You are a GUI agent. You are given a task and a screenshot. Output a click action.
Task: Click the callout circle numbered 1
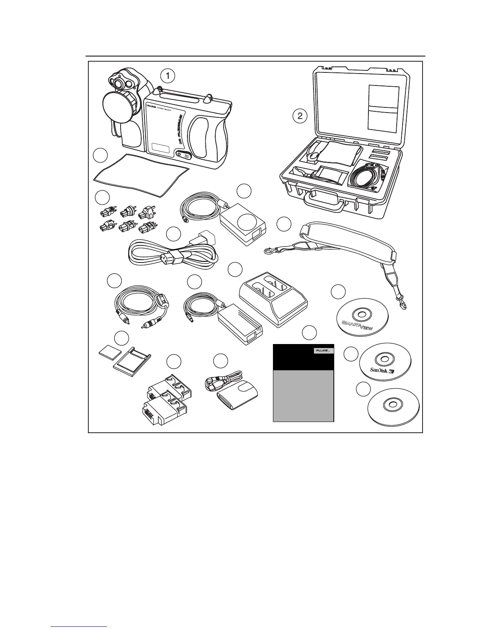pyautogui.click(x=168, y=75)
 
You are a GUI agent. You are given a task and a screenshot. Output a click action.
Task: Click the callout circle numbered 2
pyautogui.click(x=300, y=116)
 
